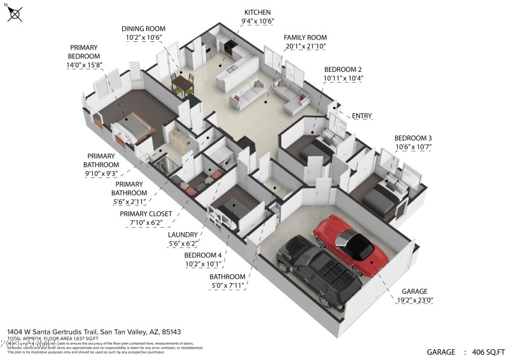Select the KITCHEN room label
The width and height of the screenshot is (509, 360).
(257, 12)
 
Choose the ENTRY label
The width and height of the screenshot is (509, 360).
(361, 116)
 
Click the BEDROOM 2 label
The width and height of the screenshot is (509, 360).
(343, 69)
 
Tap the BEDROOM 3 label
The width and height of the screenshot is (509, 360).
(413, 138)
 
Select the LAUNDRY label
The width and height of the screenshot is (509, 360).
(183, 234)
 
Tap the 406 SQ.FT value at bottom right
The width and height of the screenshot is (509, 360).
(485, 352)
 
